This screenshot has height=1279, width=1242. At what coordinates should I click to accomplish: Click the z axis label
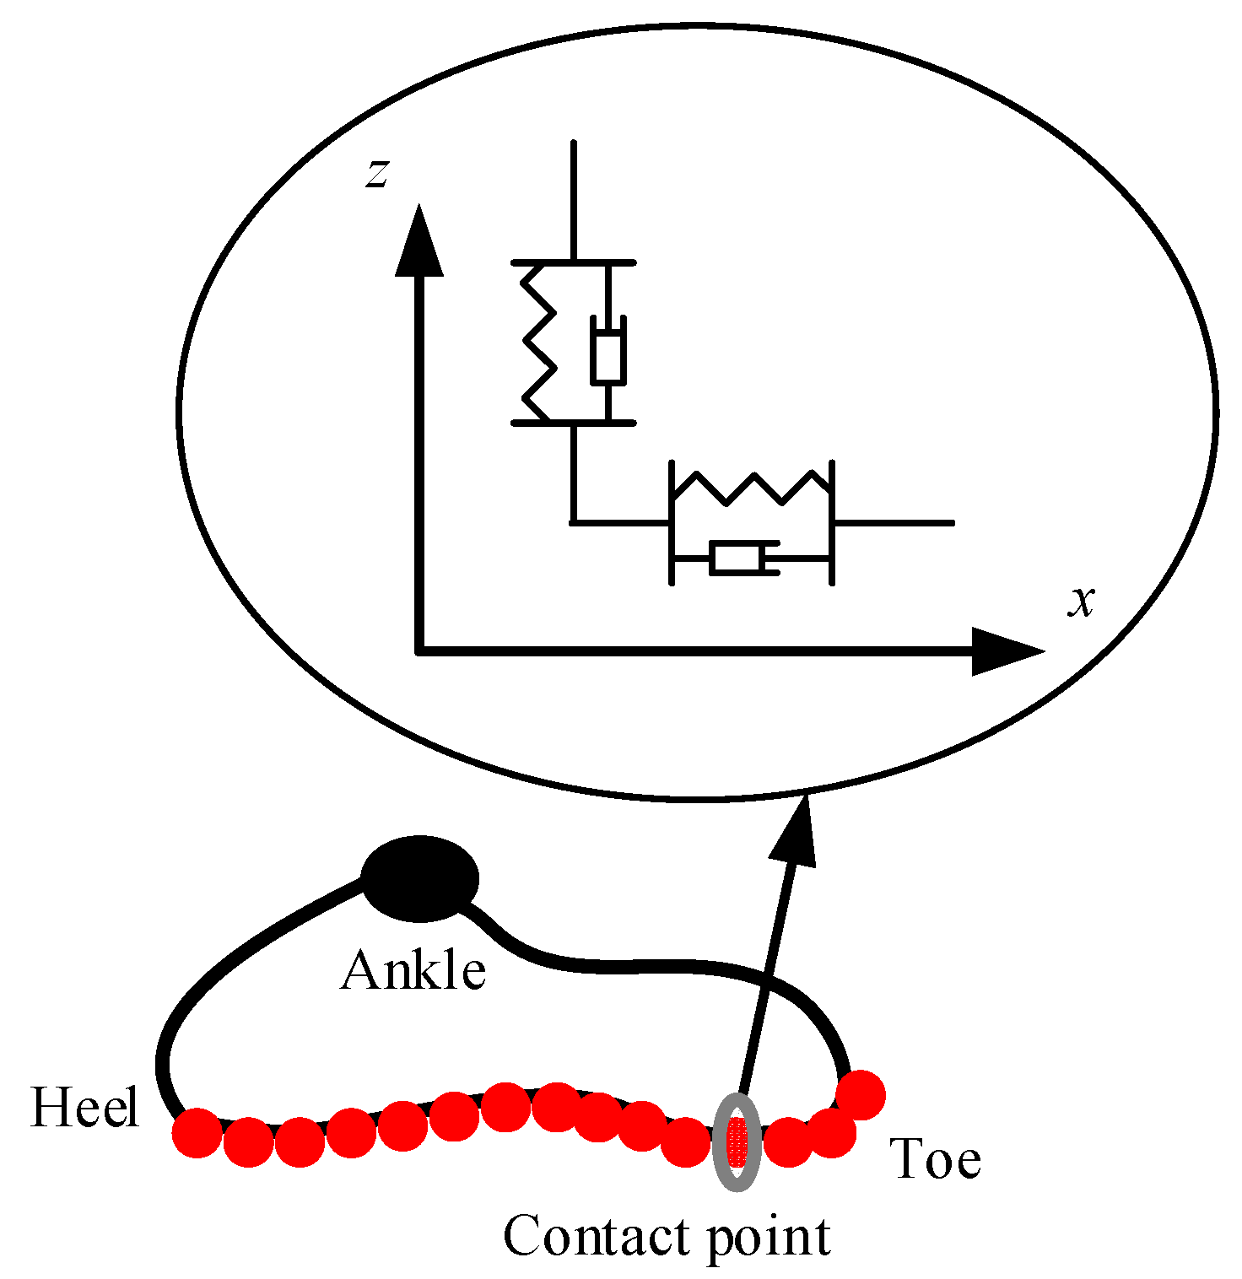pyautogui.click(x=377, y=174)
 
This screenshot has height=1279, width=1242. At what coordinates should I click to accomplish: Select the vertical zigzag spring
pyautogui.click(x=539, y=343)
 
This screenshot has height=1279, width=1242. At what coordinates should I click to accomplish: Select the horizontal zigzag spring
pyautogui.click(x=751, y=488)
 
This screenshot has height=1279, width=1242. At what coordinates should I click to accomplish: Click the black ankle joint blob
pyautogui.click(x=419, y=878)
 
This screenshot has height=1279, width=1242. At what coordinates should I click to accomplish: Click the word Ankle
pyautogui.click(x=413, y=971)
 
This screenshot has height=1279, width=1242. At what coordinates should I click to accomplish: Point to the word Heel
pyautogui.click(x=84, y=1107)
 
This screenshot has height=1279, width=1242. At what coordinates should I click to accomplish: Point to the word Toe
pyautogui.click(x=936, y=1159)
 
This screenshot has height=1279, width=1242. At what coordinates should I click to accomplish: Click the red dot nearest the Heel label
pyautogui.click(x=197, y=1133)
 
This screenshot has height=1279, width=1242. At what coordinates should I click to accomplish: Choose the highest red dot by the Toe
pyautogui.click(x=861, y=1095)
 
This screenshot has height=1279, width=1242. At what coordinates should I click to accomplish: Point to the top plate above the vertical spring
pyautogui.click(x=574, y=262)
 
